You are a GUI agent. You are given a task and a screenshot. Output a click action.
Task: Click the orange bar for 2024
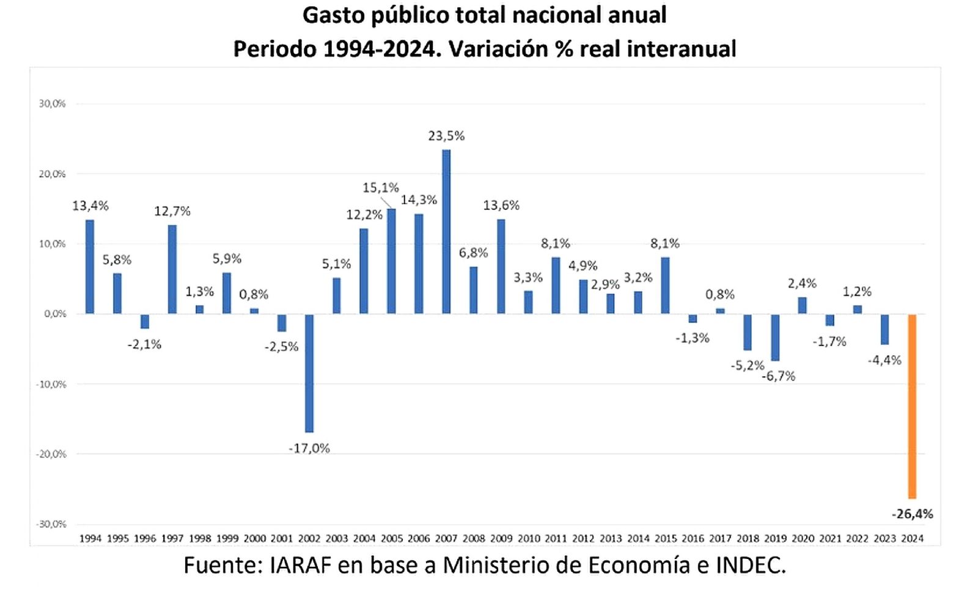coord(912,406)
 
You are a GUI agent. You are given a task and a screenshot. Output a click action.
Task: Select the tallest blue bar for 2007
coord(446,232)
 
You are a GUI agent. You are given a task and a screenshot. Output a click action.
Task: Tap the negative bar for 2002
coord(309,373)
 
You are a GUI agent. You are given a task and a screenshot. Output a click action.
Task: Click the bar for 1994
coord(90,267)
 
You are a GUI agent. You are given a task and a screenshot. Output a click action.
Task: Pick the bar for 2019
coord(775,337)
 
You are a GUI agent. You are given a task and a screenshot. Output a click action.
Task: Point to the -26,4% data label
coord(912,514)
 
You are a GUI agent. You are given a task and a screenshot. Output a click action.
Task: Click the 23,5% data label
coord(446,136)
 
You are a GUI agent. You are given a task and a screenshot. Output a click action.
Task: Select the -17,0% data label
coord(309,448)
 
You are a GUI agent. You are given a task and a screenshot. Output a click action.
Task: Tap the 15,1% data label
coord(380,187)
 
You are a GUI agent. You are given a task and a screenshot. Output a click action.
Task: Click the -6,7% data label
coord(779,376)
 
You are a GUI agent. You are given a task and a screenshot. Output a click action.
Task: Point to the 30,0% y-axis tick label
coord(52,104)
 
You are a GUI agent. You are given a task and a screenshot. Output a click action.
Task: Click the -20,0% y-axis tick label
coord(52,454)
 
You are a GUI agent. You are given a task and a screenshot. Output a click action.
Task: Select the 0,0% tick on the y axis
coord(54,314)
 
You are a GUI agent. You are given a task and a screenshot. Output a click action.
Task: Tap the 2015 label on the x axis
coord(666,538)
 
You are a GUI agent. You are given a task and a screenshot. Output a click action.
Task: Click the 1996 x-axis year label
coord(145,538)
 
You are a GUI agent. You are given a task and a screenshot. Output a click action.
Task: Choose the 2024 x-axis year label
coord(912,538)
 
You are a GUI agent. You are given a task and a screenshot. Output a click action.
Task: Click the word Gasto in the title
coord(333,15)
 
